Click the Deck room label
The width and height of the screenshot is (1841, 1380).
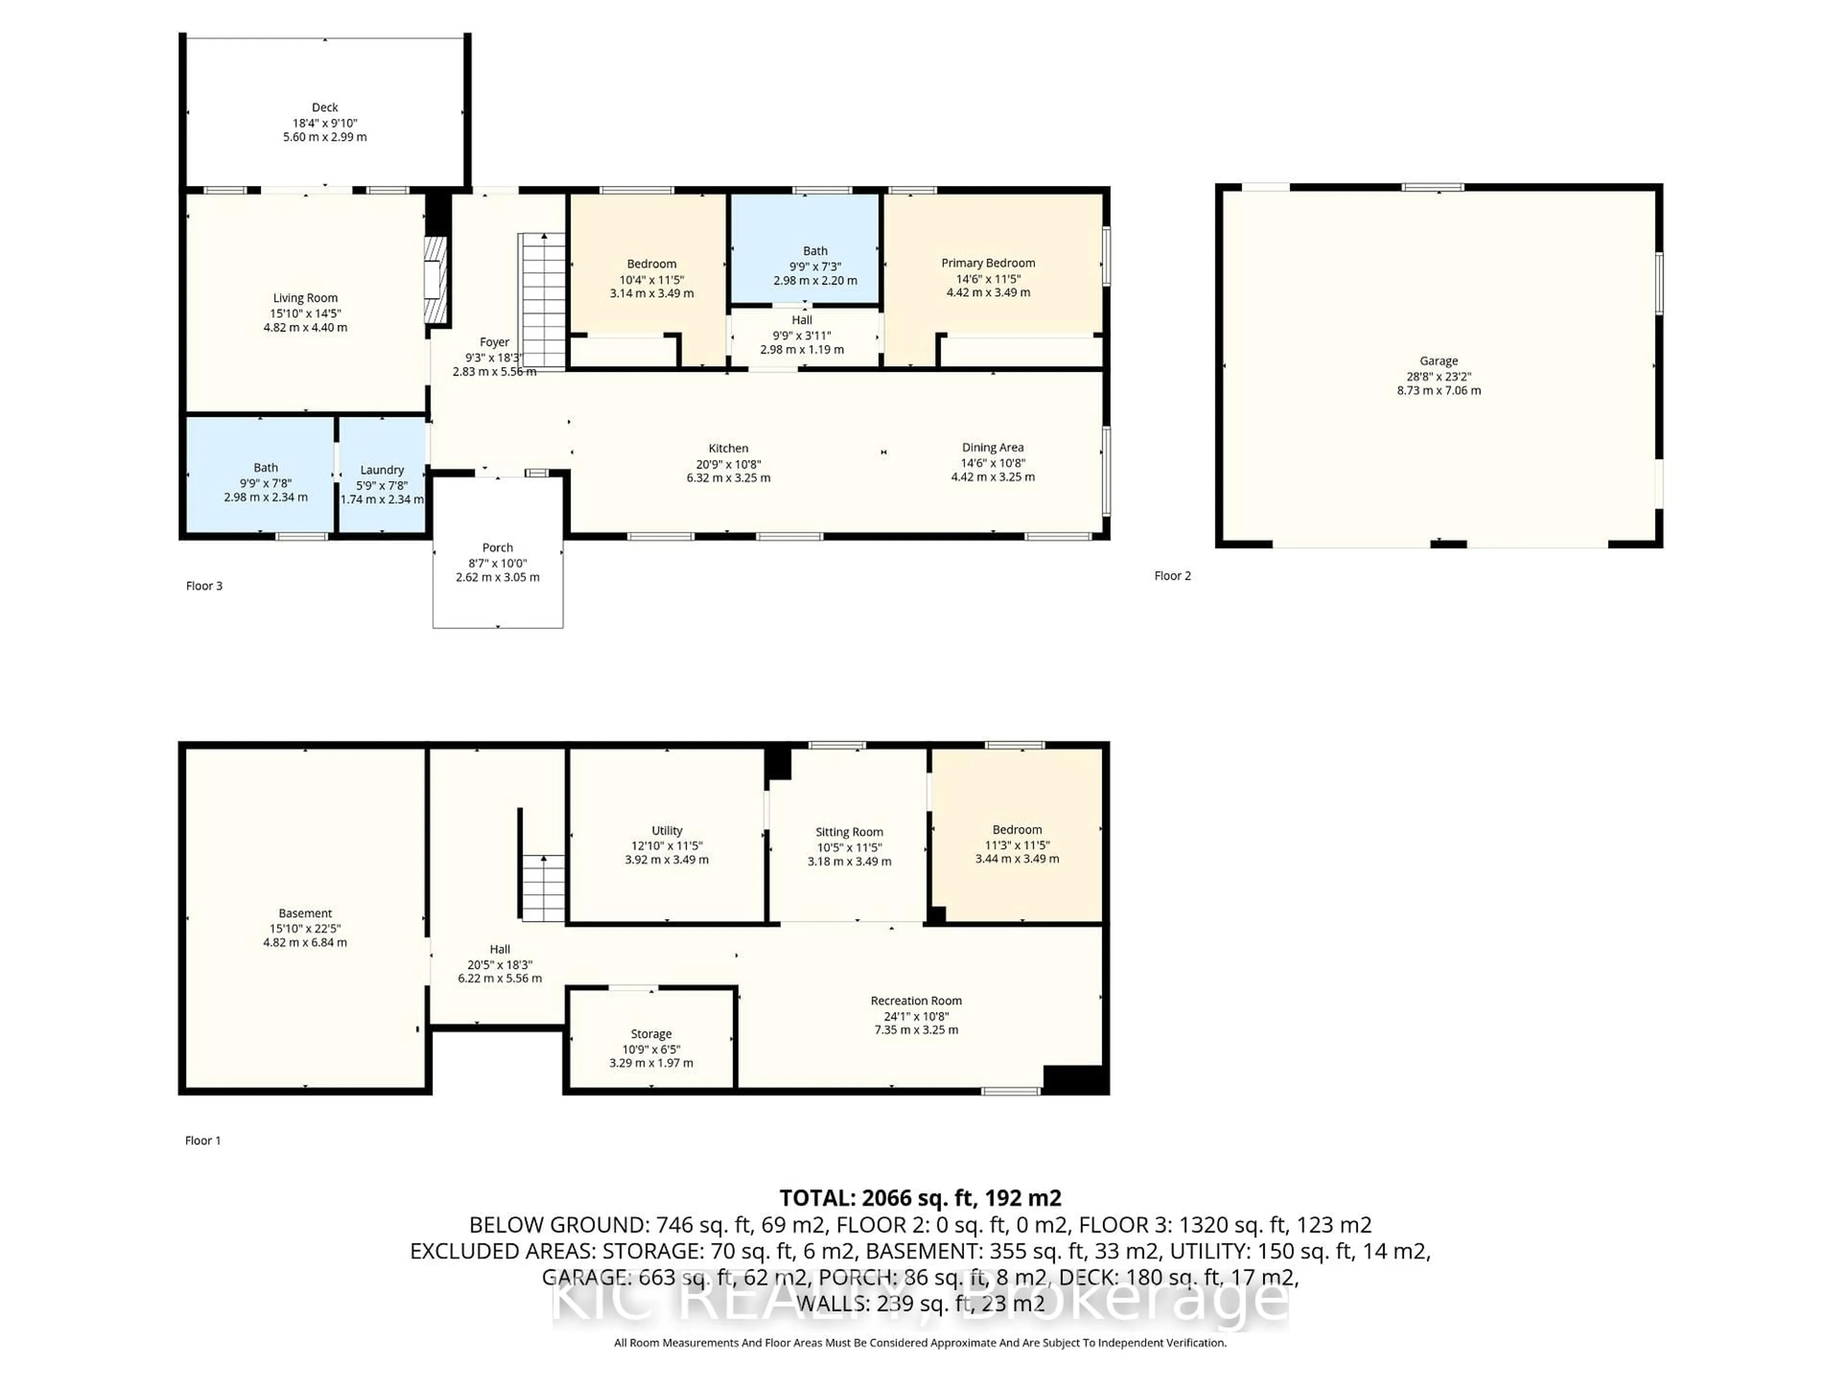[x=325, y=107]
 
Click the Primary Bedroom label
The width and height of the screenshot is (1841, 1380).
[x=988, y=263]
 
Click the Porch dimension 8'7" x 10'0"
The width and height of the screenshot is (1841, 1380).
[x=498, y=563]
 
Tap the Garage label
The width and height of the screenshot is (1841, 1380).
[x=1438, y=361]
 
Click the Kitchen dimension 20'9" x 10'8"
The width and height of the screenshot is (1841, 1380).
[x=728, y=464]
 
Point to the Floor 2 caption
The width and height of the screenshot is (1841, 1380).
[x=1172, y=575]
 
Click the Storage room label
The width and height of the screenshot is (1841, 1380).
[x=651, y=1034]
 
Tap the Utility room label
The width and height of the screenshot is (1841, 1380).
[x=667, y=830]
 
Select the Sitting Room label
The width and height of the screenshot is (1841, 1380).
[x=849, y=832]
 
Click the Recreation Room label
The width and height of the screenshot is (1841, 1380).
[x=916, y=1000]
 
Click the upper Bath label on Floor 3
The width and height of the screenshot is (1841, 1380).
[x=815, y=251]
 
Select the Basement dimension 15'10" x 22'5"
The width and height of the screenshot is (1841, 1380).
[x=304, y=928]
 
